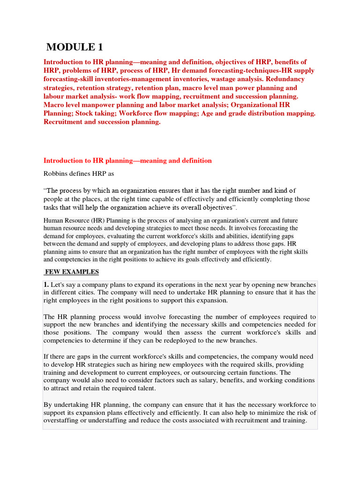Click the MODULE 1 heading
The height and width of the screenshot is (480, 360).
(x=74, y=47)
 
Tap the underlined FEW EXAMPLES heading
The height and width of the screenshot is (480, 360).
(x=71, y=272)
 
